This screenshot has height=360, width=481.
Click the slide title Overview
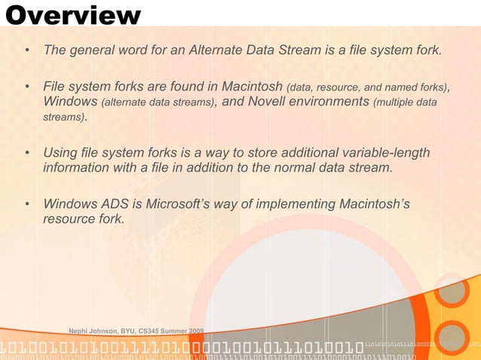(73, 14)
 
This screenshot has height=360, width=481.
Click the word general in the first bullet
(93, 50)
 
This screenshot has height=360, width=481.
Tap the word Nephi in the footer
(80, 331)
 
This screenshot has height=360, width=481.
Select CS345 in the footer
(148, 331)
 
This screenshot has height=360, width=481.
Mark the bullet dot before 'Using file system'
(27, 154)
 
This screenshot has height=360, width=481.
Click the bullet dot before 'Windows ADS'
(27, 204)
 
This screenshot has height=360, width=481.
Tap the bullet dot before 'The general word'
(27, 51)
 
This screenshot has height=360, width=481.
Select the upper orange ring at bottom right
(452, 294)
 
